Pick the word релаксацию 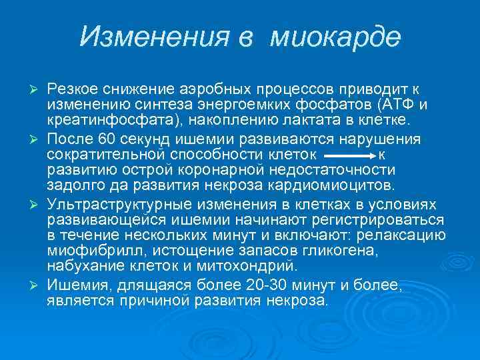click(x=403, y=235)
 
